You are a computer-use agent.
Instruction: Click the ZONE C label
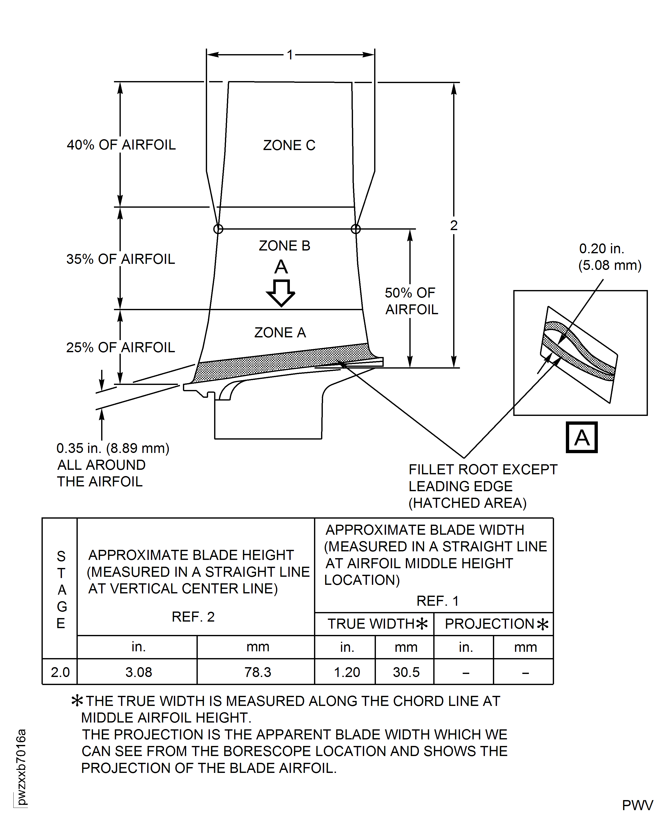click(289, 145)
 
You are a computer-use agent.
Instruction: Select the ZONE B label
click(284, 246)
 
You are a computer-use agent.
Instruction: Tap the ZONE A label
click(280, 332)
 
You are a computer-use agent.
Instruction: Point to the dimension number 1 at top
click(290, 55)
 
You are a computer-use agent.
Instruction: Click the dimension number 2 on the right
click(454, 225)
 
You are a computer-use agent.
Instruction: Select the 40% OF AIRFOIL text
click(121, 145)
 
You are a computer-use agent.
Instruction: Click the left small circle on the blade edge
click(218, 229)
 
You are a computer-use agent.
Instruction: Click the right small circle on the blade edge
click(356, 229)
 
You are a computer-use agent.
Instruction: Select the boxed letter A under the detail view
click(581, 437)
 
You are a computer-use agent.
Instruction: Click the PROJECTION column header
click(496, 624)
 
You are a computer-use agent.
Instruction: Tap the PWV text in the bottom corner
click(637, 805)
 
